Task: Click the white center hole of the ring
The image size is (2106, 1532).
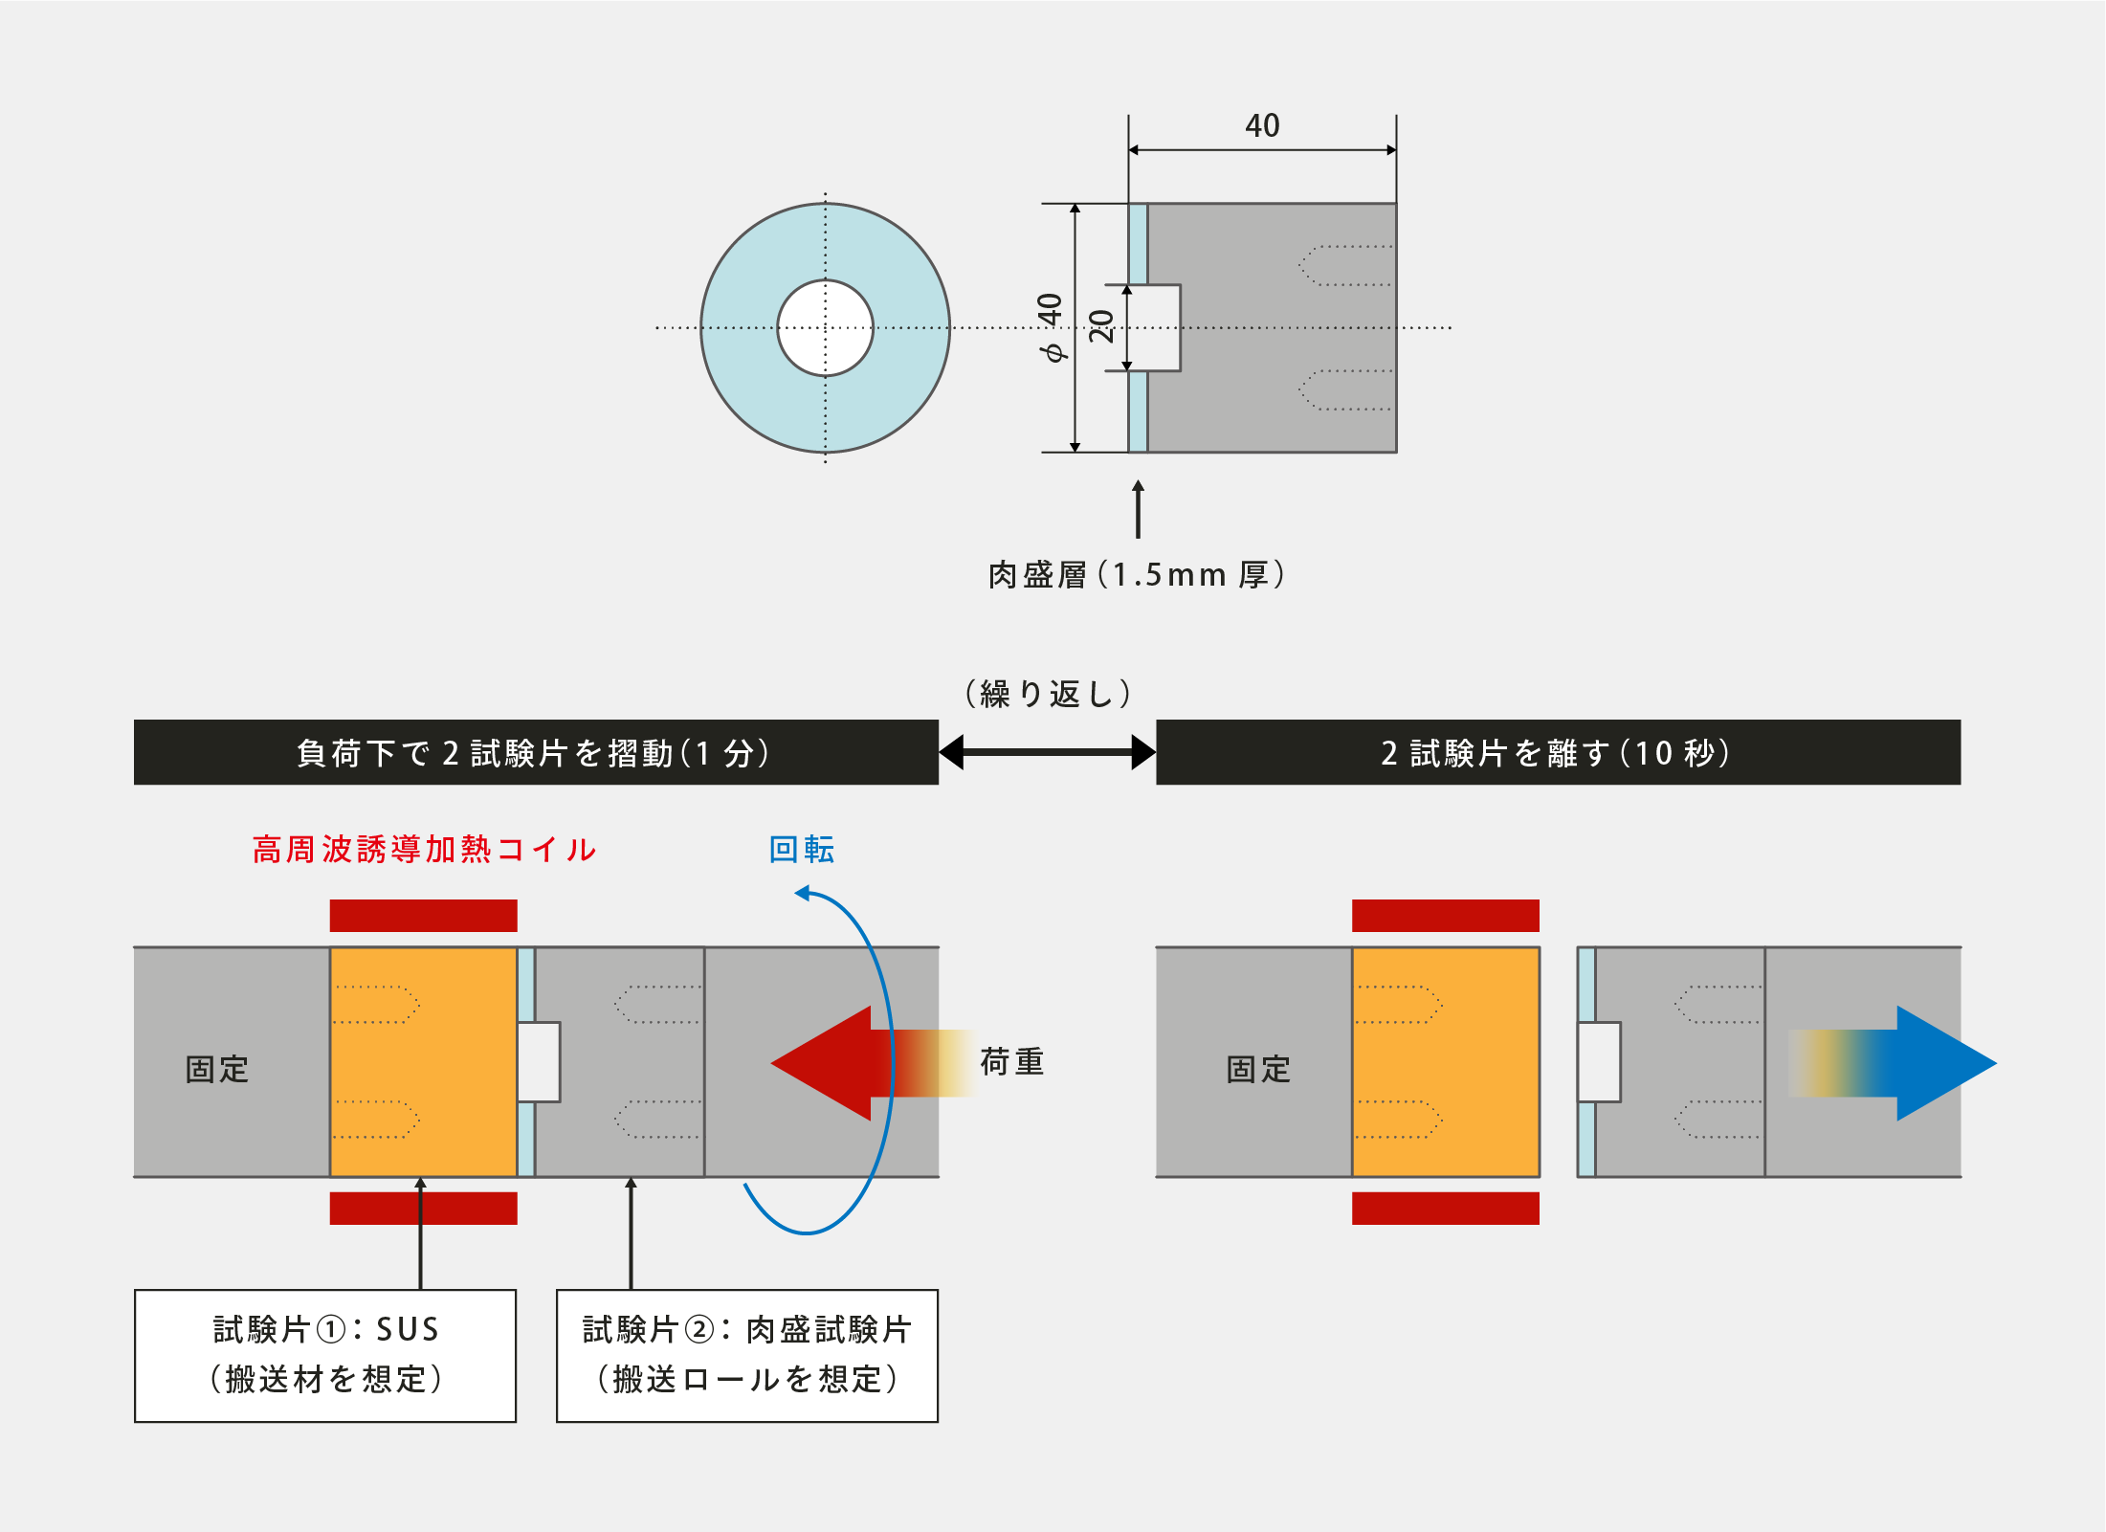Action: click(x=825, y=328)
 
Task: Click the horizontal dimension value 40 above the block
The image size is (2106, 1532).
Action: click(x=1262, y=125)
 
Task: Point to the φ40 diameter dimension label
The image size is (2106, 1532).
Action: click(x=1051, y=327)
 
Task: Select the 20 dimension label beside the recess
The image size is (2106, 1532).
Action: click(x=1101, y=326)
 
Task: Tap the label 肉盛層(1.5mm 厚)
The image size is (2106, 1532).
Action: click(x=1137, y=575)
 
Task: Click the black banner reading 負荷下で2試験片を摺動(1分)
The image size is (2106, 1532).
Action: click(x=536, y=753)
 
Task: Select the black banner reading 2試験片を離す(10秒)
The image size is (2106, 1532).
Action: click(x=1558, y=753)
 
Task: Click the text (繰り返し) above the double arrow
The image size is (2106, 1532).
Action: click(x=1048, y=694)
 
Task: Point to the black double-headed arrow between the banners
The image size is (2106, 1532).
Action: click(x=1048, y=752)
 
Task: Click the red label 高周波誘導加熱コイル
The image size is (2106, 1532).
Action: click(x=424, y=850)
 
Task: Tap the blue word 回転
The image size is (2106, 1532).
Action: click(x=802, y=850)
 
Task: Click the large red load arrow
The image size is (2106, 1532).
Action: click(x=842, y=1063)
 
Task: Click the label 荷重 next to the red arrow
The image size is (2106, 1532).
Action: click(x=1012, y=1062)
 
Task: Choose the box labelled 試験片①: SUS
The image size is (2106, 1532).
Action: click(x=325, y=1355)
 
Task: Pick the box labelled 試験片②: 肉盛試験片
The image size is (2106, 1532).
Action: click(x=747, y=1355)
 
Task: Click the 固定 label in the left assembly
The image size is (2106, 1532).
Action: click(x=217, y=1069)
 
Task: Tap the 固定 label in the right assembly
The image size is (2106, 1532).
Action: click(x=1258, y=1069)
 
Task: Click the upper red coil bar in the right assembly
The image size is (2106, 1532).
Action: click(x=1445, y=916)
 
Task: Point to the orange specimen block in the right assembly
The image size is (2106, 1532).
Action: click(x=1445, y=1062)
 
